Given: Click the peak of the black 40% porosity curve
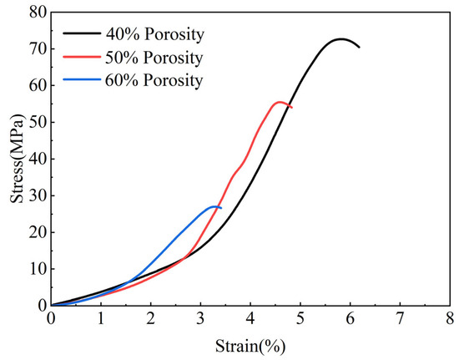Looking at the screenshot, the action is [x=340, y=38].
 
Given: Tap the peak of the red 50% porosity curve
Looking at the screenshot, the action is [x=280, y=102].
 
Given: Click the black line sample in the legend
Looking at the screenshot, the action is [x=82, y=33].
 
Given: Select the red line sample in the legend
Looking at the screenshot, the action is [x=82, y=57].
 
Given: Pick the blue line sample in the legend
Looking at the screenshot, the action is [x=82, y=79].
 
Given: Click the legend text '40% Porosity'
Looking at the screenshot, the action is [x=154, y=34].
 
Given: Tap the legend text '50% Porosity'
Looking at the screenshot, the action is [x=154, y=58].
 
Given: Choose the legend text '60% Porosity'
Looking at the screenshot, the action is [x=154, y=80].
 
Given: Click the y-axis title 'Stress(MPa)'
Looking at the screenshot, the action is [x=18, y=158].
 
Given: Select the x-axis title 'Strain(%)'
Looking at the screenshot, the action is [x=250, y=347].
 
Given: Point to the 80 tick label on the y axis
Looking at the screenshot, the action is [x=38, y=13].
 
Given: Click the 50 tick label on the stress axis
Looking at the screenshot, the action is [x=38, y=122].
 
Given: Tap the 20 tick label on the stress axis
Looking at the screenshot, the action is [x=38, y=232].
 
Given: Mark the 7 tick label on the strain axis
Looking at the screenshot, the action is [x=400, y=319].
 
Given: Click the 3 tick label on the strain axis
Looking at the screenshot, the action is [x=200, y=319].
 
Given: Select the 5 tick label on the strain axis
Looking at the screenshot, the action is [x=300, y=319].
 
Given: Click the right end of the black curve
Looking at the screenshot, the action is [x=359, y=47].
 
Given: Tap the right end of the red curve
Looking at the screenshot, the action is [x=292, y=108].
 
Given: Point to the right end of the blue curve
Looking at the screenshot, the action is [x=221, y=208].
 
